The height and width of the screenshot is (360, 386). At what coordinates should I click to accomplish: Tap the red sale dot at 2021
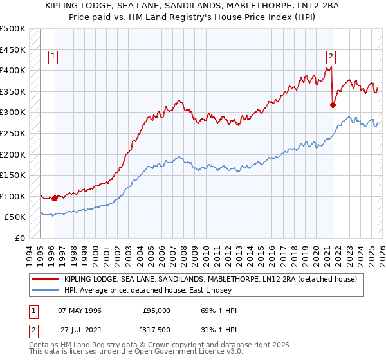tap(333, 105)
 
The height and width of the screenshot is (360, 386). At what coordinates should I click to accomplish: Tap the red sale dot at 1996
tap(55, 199)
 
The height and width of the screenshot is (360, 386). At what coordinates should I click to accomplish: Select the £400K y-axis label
tap(13, 70)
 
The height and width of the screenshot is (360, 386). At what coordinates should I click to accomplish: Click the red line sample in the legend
tap(46, 279)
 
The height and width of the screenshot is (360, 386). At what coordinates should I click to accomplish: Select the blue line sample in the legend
tap(46, 291)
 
